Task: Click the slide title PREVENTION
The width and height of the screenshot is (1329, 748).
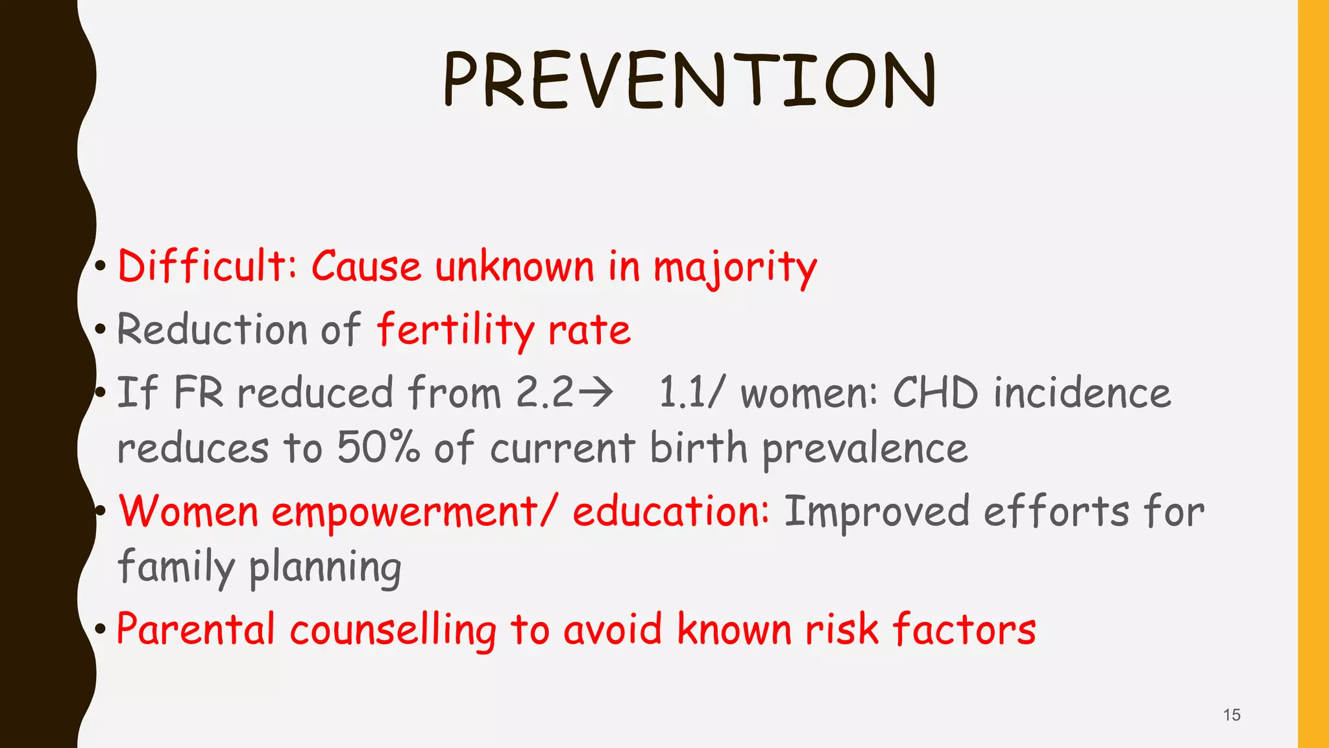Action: click(x=689, y=81)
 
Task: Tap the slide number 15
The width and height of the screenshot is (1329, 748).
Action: click(x=1231, y=715)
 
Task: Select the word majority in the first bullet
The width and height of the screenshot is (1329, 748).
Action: click(x=735, y=268)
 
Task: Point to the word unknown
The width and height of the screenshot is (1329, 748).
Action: click(x=515, y=266)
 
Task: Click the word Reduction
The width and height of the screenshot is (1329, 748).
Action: click(x=212, y=329)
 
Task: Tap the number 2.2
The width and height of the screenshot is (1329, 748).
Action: click(x=544, y=393)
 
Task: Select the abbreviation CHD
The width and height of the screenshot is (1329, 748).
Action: click(x=935, y=393)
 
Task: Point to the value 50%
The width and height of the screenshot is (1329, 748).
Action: click(x=378, y=448)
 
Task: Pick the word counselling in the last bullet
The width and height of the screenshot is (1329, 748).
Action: click(x=393, y=630)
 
